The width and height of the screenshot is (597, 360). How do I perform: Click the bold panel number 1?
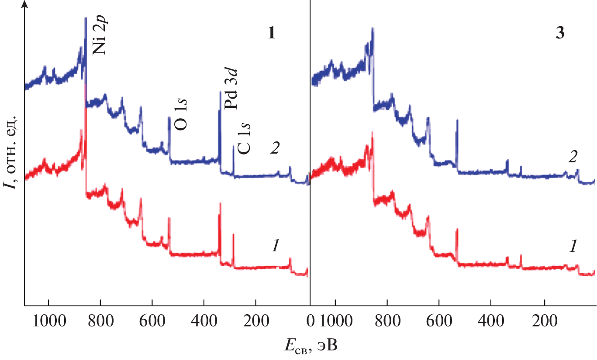click(x=271, y=34)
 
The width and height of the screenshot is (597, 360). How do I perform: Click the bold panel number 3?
click(x=560, y=34)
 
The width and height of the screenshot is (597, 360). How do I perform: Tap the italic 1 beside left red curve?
click(x=275, y=247)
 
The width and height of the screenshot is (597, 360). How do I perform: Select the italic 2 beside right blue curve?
click(x=573, y=157)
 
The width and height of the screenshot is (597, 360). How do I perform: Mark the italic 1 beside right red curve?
click(x=573, y=247)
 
